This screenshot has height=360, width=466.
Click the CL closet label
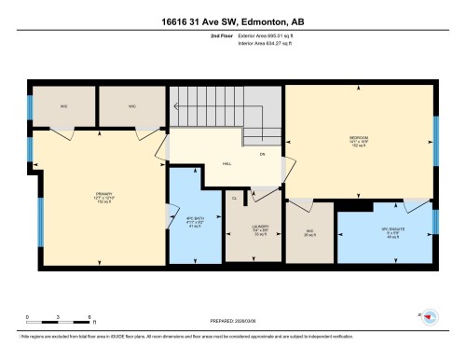[x=234, y=197]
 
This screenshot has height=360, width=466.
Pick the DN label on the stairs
[x=263, y=153]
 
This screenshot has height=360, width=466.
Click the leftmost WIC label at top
[x=64, y=105]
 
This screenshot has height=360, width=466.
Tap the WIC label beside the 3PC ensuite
[x=308, y=232]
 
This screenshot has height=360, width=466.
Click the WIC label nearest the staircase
[x=133, y=105]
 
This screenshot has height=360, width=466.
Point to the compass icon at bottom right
[x=430, y=317]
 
